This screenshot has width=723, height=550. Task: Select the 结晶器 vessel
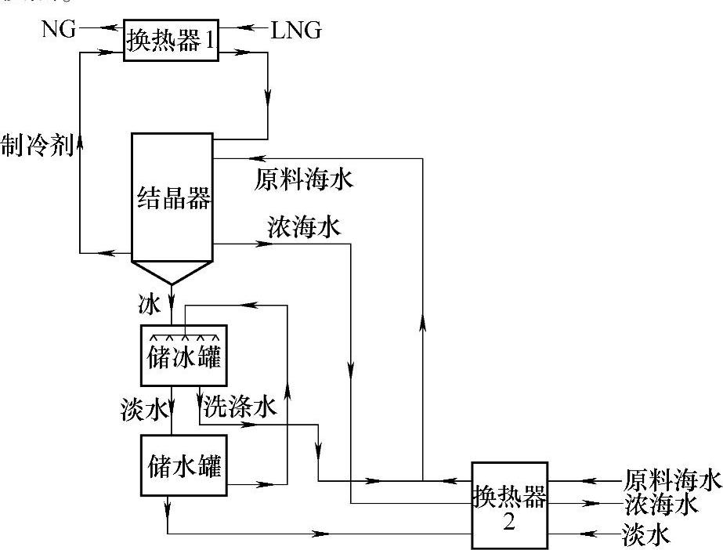coord(172,197)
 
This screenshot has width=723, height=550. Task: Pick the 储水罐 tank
coord(184,465)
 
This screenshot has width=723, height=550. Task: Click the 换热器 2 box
coord(509,505)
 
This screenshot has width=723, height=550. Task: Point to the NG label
coord(60,29)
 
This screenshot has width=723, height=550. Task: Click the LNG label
coord(296,31)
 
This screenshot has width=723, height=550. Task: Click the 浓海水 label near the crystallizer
coord(303,228)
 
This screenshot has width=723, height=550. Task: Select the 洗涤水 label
coord(240,407)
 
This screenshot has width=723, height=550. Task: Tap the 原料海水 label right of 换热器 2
coord(671,479)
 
